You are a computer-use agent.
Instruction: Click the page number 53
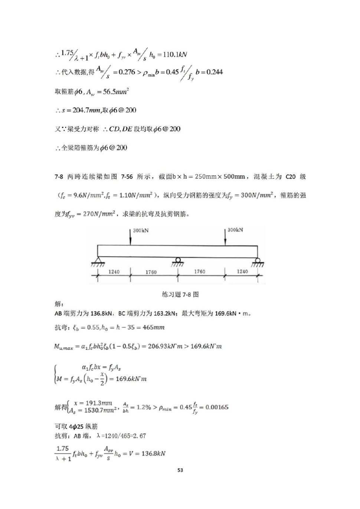click(x=180, y=470)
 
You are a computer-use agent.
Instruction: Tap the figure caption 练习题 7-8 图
click(x=180, y=294)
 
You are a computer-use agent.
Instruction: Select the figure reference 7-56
click(x=127, y=177)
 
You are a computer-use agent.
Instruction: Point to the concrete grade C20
click(x=291, y=177)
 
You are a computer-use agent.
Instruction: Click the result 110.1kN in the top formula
click(x=175, y=55)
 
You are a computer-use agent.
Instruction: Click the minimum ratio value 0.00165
click(x=217, y=407)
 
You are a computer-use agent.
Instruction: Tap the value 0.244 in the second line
click(x=215, y=72)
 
